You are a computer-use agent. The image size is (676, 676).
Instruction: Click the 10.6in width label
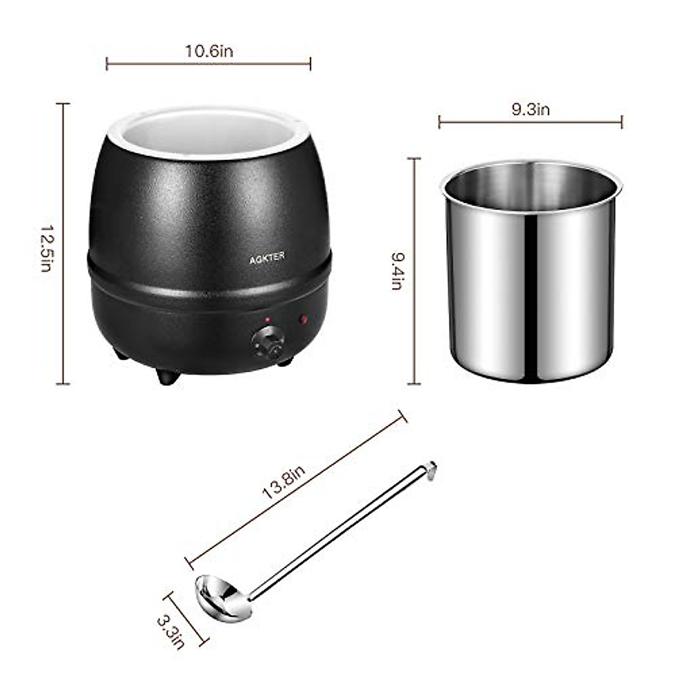pos(209,51)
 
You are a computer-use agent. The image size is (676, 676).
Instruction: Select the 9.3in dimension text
pos(530,109)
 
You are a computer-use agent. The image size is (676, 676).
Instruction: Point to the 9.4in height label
pos(397,270)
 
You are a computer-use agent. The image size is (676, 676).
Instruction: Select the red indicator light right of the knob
pos(304,320)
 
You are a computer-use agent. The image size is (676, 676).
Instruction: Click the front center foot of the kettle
pos(168,376)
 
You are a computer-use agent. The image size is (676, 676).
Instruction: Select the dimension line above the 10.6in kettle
pos(209,64)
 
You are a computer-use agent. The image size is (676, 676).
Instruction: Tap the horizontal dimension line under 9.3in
pos(530,121)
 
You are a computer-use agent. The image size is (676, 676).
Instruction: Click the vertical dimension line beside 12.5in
pos(63,243)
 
